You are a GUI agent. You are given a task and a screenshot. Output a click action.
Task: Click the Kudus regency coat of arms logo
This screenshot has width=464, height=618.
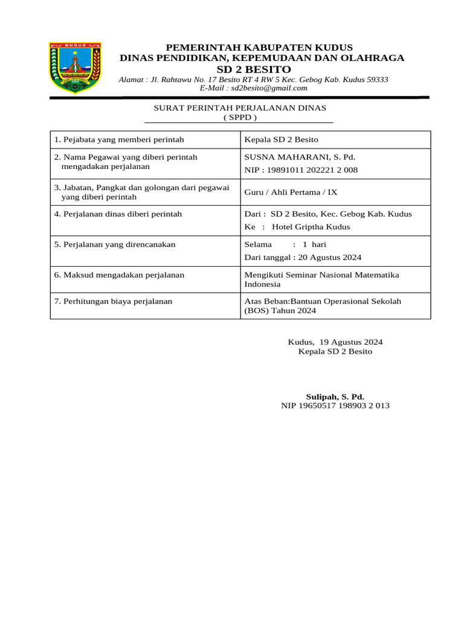75,68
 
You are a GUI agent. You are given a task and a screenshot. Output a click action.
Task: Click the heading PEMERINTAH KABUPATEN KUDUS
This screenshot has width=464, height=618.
259,48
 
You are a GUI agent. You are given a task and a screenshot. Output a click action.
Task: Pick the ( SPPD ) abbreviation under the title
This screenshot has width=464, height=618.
240,117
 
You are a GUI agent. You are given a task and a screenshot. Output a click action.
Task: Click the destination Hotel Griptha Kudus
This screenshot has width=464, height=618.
311,227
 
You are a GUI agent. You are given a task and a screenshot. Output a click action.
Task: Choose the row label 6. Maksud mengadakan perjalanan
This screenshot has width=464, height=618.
119,275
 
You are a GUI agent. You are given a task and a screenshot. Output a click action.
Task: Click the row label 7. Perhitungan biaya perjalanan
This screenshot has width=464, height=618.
113,301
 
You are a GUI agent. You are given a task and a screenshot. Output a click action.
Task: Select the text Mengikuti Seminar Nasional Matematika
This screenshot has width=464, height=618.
321,275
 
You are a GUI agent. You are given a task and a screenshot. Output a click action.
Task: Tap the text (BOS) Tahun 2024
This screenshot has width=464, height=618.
280,311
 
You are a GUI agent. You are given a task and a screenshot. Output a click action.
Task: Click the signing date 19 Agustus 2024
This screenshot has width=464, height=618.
351,342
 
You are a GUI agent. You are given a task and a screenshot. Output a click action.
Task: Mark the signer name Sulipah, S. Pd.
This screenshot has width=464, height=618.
335,397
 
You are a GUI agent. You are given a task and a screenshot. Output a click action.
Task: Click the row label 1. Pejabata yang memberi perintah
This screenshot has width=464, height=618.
119,140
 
